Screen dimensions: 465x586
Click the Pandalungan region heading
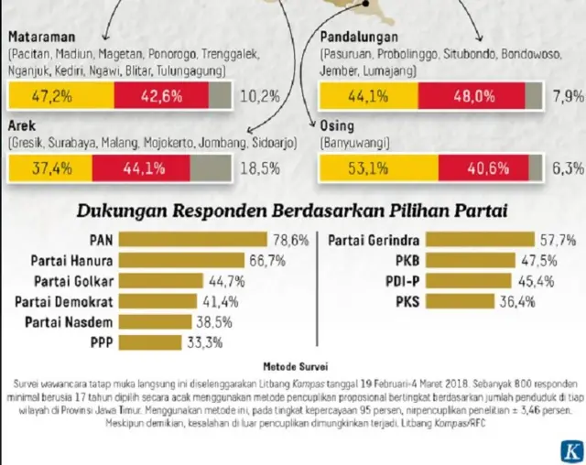(358, 38)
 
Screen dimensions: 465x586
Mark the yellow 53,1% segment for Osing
(377, 168)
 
